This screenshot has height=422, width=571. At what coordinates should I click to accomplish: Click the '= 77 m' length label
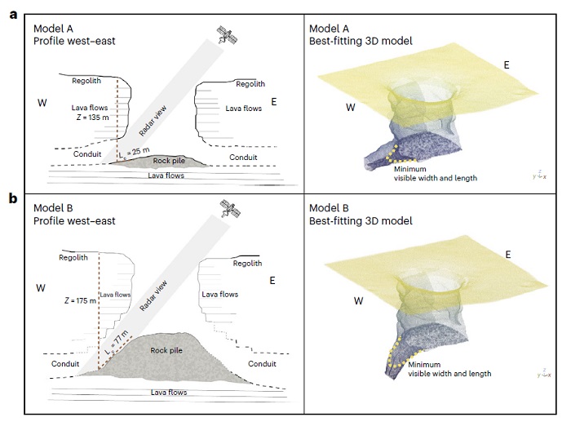[x=122, y=336]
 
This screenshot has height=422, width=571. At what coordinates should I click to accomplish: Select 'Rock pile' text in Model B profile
[x=165, y=350]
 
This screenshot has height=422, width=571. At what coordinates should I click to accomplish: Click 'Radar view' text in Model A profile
[x=159, y=102]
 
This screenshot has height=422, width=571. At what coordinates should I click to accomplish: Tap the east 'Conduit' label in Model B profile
[x=261, y=364]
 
